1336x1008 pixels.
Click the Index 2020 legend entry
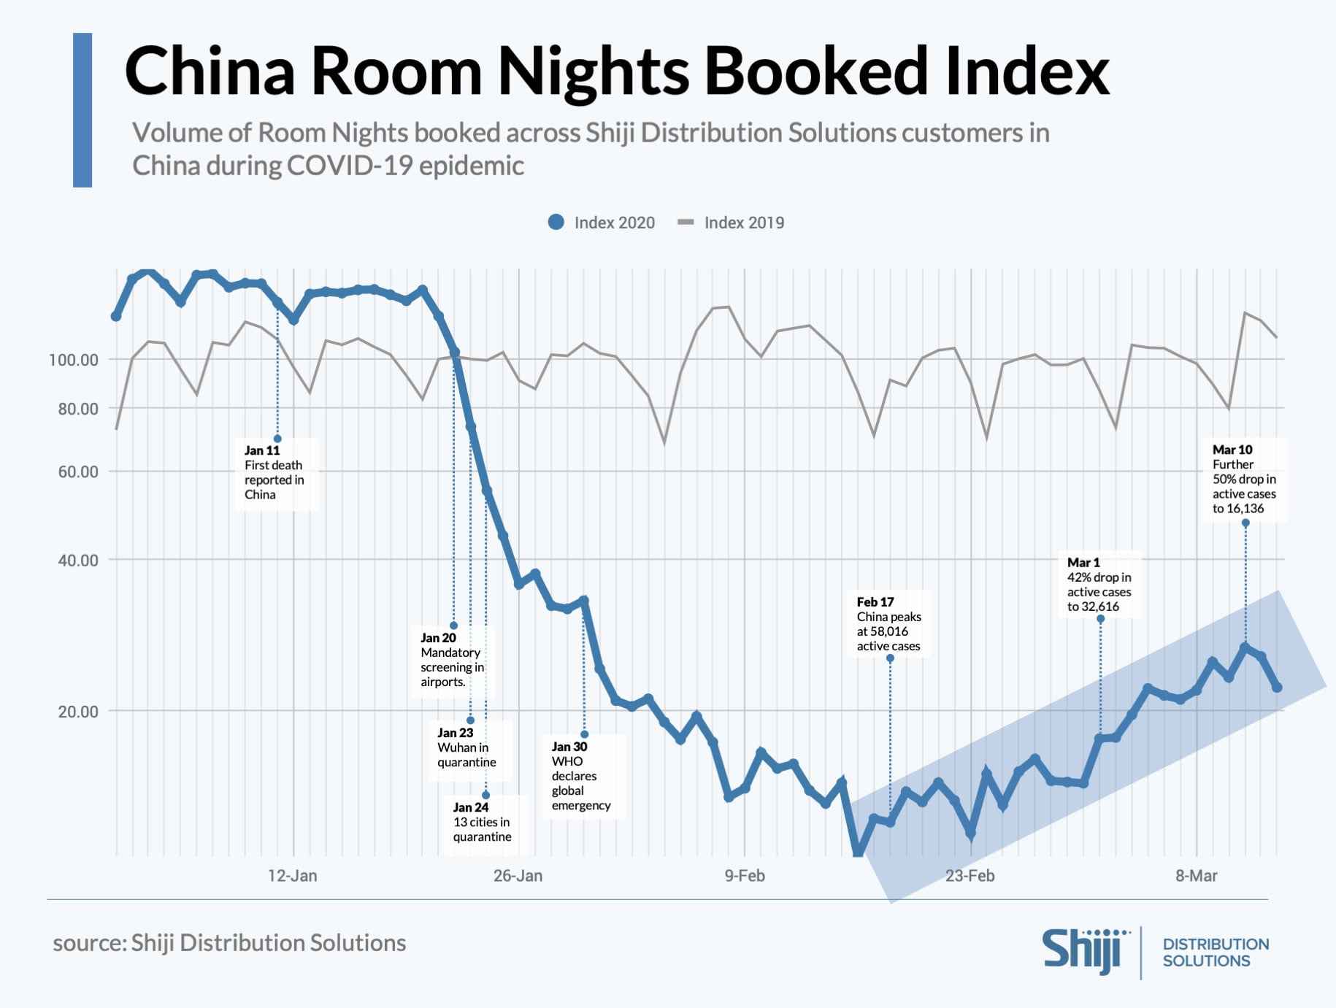(602, 223)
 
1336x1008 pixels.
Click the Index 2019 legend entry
(731, 223)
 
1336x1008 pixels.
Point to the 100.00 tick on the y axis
(73, 360)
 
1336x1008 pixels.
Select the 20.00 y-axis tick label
(77, 712)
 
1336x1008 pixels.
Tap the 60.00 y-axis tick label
(77, 472)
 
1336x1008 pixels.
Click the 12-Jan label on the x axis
(292, 876)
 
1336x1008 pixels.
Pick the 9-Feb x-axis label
(744, 876)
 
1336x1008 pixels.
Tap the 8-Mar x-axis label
(1196, 876)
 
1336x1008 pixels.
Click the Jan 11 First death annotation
(275, 473)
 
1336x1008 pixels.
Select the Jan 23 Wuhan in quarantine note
(467, 747)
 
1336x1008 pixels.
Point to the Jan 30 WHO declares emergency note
(580, 776)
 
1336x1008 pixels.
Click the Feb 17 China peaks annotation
(888, 624)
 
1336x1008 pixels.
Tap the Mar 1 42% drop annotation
(1099, 585)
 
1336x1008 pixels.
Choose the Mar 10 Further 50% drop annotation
(1244, 480)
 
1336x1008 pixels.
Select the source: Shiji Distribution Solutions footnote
(229, 943)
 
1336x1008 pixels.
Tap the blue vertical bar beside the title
(82, 110)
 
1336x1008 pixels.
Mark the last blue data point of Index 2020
(1277, 688)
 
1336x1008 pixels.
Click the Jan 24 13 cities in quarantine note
(482, 823)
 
